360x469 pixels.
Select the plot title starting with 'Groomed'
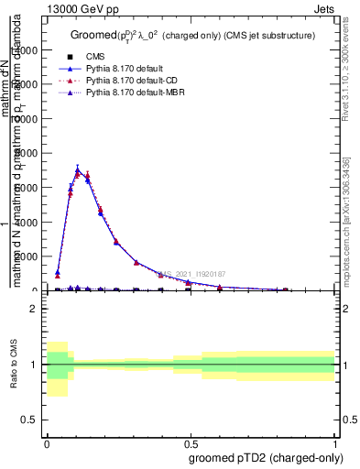192,36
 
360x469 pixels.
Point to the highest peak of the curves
78,169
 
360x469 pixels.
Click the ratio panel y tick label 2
35,309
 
